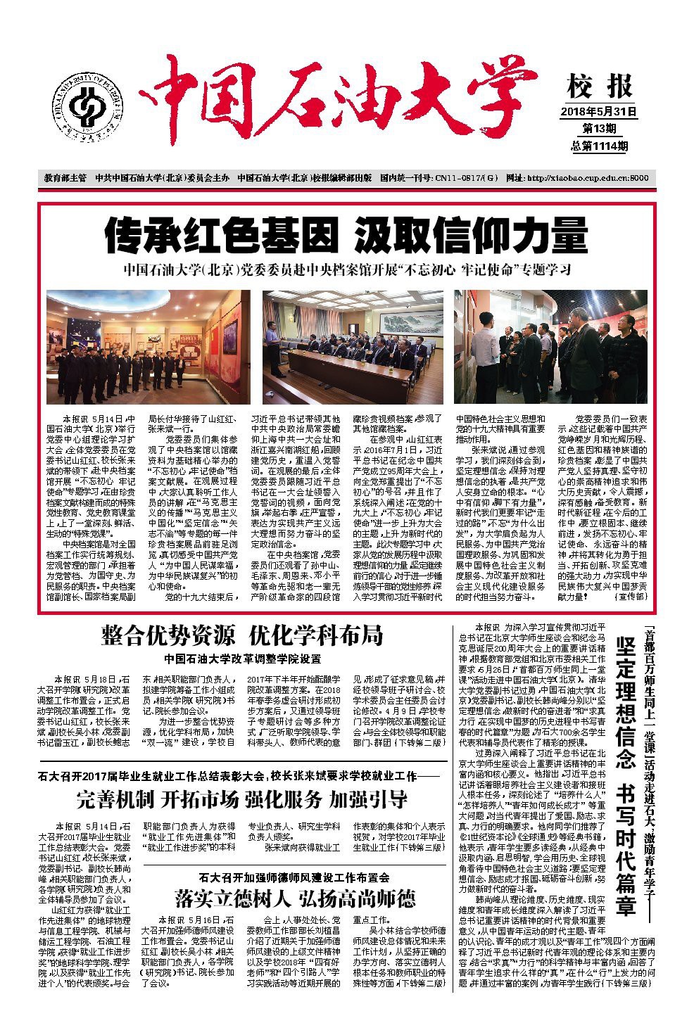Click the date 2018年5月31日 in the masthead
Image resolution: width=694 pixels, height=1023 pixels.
(598, 111)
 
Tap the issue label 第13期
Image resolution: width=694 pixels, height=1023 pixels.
(599, 128)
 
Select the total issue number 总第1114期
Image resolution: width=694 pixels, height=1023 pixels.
(599, 146)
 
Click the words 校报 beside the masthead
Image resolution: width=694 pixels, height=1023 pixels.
(599, 87)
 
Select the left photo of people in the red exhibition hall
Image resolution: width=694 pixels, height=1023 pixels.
(142, 345)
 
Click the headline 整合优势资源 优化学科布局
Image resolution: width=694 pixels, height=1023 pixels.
(242, 635)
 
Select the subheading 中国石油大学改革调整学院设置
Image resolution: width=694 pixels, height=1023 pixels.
(242, 659)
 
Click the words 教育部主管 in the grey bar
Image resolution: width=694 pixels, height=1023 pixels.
(65, 178)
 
